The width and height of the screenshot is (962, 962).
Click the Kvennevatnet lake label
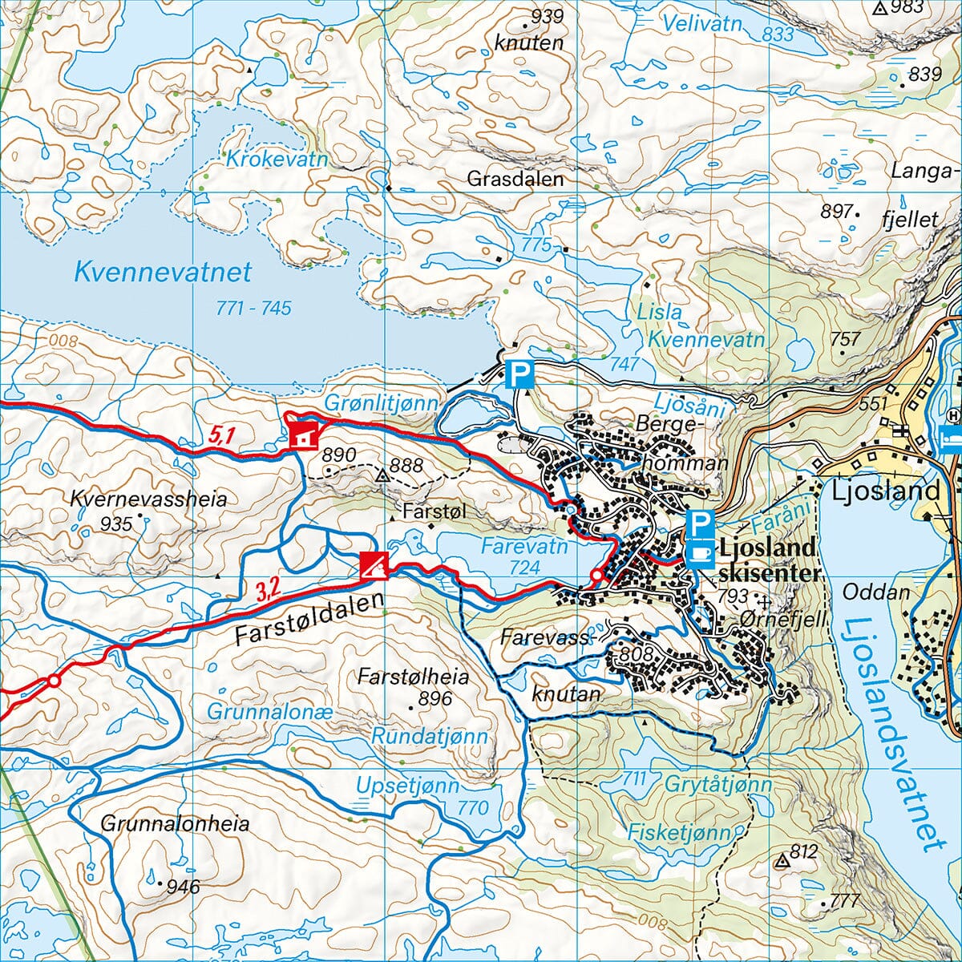163,272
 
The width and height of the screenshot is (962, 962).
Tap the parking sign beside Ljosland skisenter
701,525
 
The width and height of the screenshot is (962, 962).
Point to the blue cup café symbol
701,553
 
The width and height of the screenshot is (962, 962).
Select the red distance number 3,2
268,592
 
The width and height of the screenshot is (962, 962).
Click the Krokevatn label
277,160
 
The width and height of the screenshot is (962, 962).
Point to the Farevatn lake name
524,547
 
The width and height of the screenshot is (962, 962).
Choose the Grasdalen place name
515,179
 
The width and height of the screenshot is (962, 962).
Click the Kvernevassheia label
148,499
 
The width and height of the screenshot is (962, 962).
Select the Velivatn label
703,24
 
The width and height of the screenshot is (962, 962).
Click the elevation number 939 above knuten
548,16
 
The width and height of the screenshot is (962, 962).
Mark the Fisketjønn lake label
680,832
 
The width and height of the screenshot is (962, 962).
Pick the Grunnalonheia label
175,823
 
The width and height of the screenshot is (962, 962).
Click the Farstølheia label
413,676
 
